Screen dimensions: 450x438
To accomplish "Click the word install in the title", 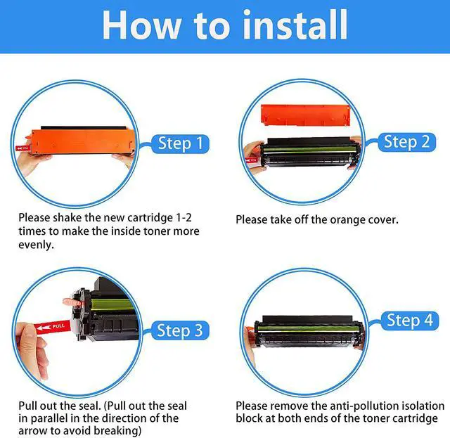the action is coord(295,25).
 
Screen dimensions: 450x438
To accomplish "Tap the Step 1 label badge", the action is coord(180,143).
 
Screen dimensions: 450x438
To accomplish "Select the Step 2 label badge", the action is coord(406,142).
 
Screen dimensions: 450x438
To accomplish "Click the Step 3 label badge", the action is coord(180,330).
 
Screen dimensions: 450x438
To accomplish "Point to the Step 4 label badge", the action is coord(409,321).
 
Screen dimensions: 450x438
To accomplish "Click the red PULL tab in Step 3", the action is coord(53,327).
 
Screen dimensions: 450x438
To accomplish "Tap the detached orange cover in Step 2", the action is coord(306,115).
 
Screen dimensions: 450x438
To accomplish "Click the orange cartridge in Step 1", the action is coord(83,143).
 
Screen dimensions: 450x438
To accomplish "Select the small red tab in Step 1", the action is coord(22,148).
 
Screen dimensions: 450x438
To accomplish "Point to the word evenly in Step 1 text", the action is coord(36,245).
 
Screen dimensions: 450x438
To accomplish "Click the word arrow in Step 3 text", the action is coord(32,431).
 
